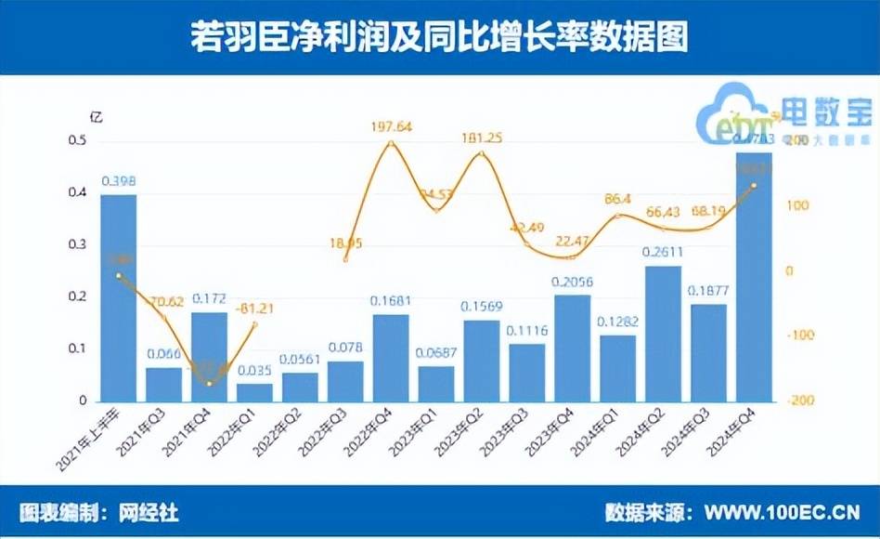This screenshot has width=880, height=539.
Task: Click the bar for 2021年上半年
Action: (x=118, y=297)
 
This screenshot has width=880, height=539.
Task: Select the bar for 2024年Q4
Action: (x=754, y=279)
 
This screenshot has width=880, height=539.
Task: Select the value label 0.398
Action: (x=118, y=180)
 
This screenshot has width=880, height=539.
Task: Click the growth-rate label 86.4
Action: (x=617, y=198)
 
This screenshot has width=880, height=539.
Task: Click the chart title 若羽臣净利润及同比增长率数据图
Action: (x=440, y=38)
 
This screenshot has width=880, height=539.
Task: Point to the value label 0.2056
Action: (x=572, y=283)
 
